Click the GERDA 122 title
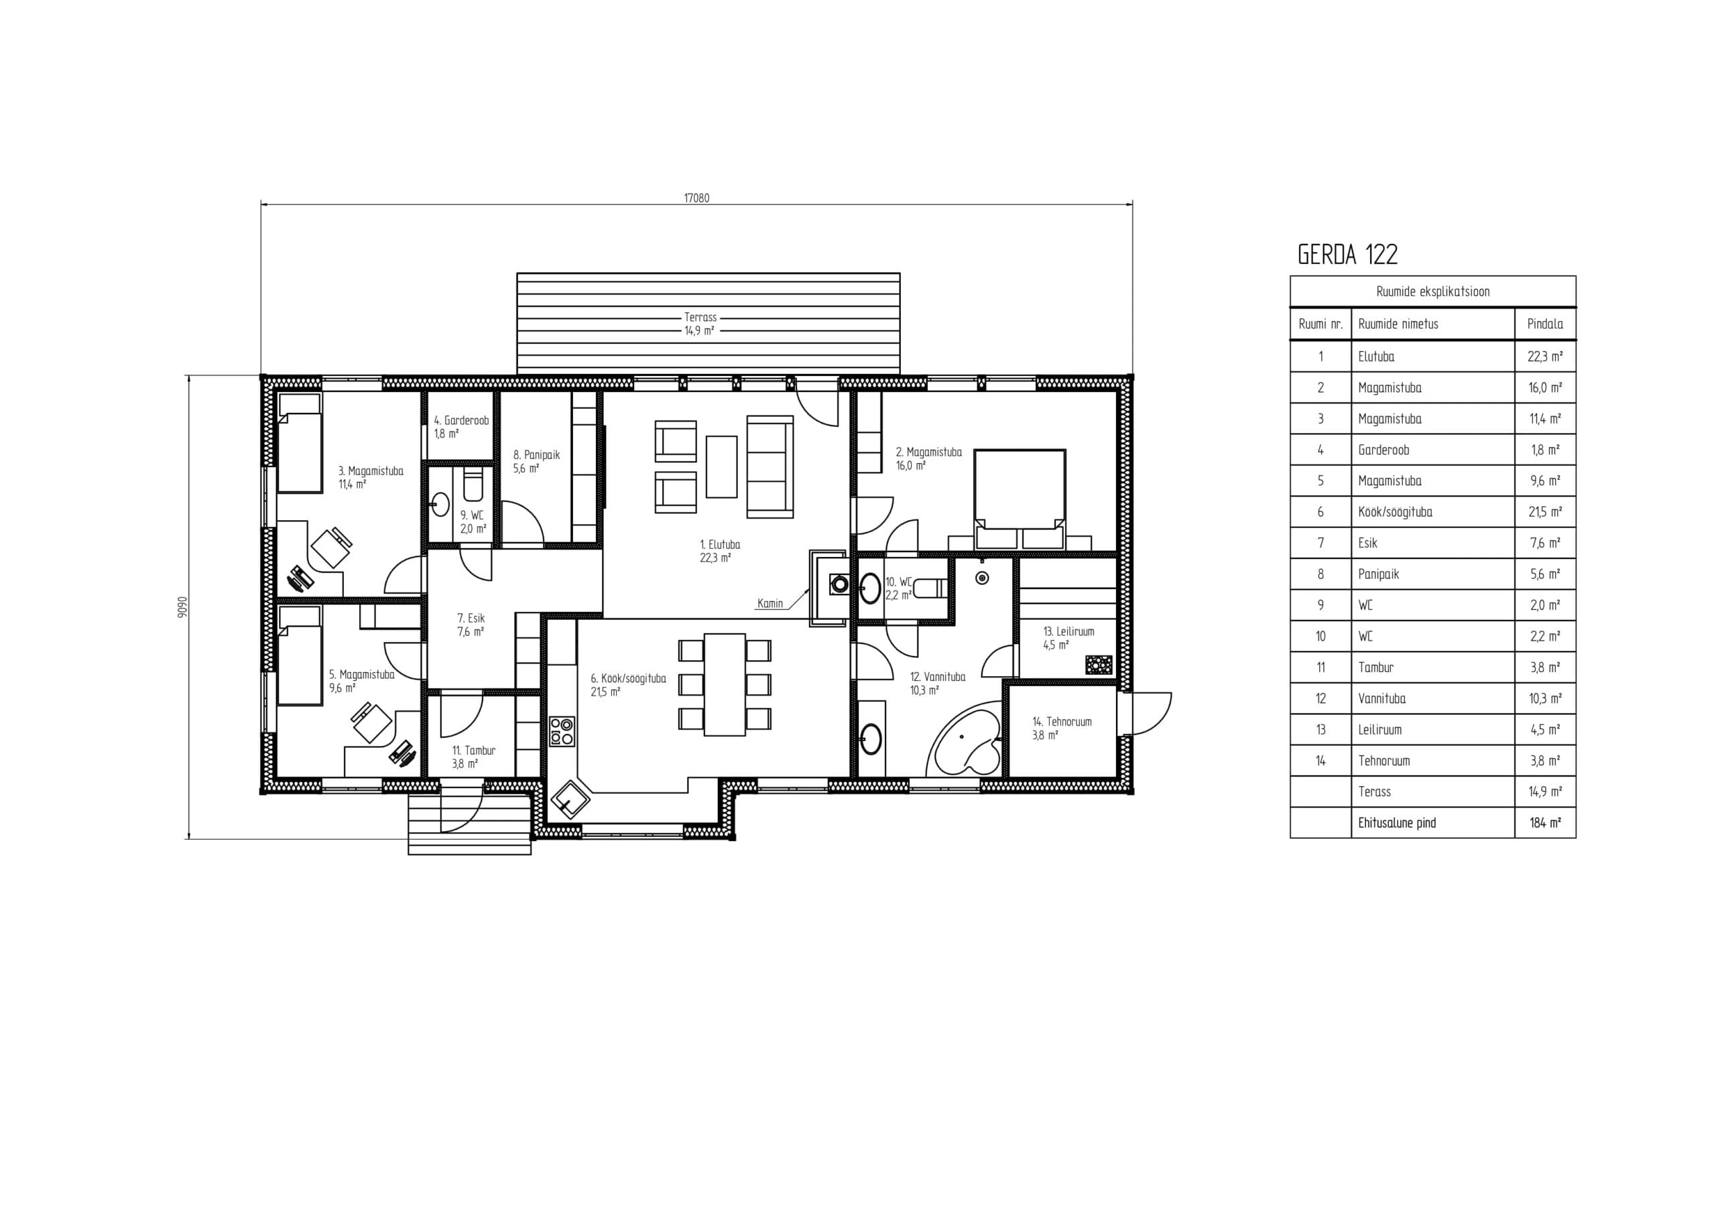1347,255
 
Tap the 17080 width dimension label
696,198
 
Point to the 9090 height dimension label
183,607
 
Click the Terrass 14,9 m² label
700,324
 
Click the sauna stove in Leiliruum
1099,664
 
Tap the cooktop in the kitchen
562,731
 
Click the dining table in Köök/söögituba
724,685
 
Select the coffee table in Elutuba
721,466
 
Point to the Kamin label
770,603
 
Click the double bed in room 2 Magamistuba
1020,499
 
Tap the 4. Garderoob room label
461,427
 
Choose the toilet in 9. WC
473,485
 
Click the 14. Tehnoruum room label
1061,728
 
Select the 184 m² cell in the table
1545,823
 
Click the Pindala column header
1545,324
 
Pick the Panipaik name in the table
1378,574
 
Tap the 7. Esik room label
471,625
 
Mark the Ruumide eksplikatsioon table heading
1432,292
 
